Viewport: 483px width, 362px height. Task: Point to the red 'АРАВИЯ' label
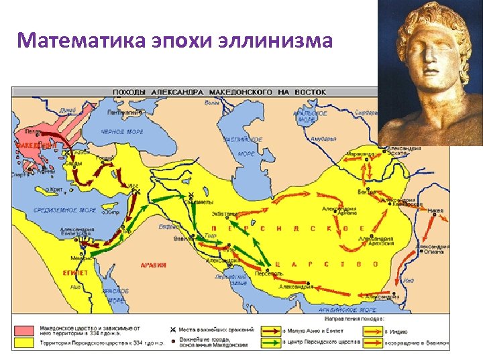(153, 265)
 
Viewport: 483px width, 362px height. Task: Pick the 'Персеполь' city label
(268, 274)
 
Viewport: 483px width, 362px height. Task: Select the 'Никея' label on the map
(435, 210)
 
